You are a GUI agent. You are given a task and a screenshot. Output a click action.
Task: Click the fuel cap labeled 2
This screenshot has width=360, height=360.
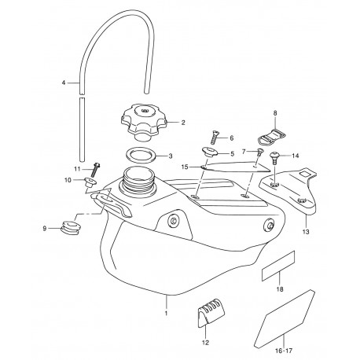144,122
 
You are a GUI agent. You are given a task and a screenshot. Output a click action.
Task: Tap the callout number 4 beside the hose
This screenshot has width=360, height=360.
64,83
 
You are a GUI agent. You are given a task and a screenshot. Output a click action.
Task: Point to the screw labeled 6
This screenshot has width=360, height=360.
215,138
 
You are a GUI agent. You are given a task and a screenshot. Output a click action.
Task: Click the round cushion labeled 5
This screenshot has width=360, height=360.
210,152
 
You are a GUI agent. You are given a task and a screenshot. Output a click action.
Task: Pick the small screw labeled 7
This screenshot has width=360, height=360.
259,152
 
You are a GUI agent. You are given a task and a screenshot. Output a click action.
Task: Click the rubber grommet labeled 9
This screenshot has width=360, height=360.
71,227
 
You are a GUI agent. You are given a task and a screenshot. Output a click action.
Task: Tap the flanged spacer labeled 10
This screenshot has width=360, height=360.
90,182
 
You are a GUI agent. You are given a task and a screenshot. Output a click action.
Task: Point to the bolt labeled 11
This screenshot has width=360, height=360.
95,170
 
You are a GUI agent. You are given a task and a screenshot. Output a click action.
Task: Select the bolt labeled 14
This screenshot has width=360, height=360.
274,158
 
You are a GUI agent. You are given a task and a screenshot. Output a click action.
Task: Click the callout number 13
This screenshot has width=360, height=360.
306,232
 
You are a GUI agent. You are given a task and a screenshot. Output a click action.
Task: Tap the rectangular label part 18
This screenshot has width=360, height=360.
278,266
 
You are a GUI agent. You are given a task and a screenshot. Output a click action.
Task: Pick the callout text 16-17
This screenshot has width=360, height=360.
284,351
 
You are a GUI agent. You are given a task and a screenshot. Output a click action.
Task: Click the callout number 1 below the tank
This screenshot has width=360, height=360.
166,313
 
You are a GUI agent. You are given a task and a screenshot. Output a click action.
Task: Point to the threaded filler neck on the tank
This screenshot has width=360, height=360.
138,178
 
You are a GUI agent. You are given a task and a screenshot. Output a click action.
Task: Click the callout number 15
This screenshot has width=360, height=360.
185,167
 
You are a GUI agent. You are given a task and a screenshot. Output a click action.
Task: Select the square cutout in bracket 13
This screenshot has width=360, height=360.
305,174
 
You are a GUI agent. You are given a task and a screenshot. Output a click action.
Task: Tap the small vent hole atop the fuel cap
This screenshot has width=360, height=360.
144,111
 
